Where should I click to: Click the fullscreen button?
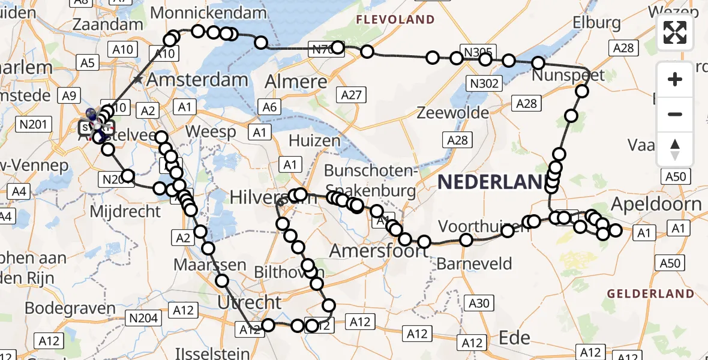675,32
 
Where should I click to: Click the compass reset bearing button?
675,149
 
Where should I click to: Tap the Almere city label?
296,82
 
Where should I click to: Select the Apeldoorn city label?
656,204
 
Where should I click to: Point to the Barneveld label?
474,263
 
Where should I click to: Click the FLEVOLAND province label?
395,20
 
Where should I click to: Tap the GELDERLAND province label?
650,294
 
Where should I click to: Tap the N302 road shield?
485,83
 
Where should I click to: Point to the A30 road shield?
478,304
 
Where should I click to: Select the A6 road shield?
269,107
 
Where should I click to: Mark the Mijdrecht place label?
125,211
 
